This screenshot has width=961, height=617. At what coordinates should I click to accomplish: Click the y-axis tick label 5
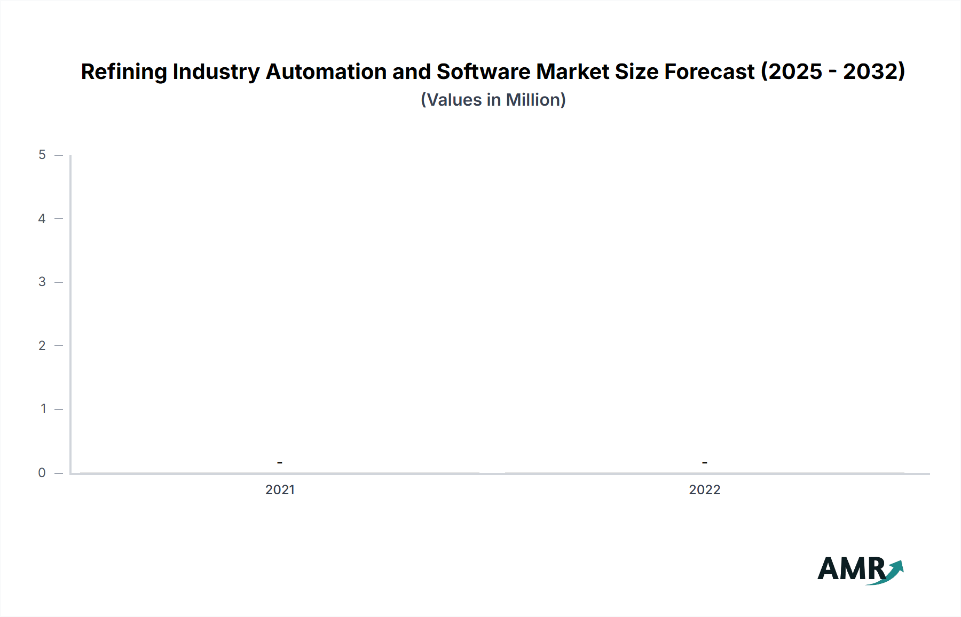point(42,155)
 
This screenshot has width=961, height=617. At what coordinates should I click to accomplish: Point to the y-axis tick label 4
point(42,219)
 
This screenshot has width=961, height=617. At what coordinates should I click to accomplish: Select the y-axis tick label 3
point(42,282)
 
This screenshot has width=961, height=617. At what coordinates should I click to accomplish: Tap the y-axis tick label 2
point(42,346)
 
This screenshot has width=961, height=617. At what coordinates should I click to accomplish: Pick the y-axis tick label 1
point(43,409)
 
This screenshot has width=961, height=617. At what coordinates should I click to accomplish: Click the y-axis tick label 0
point(42,473)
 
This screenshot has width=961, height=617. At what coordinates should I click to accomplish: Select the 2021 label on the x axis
point(280,490)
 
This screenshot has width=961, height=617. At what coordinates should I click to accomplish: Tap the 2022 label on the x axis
point(704,490)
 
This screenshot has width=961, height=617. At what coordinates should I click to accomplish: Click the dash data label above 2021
point(280,463)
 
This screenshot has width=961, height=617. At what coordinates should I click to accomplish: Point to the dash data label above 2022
point(704,463)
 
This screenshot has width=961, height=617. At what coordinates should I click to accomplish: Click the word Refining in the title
point(124,72)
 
